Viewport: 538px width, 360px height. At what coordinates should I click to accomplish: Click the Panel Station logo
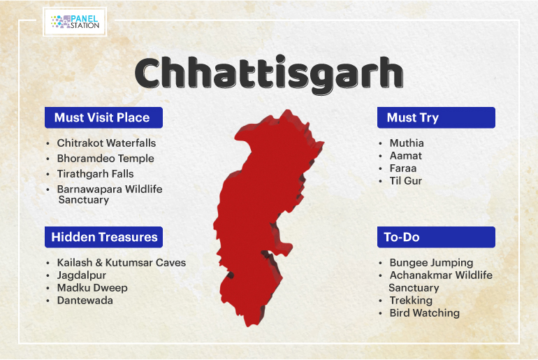[75, 22]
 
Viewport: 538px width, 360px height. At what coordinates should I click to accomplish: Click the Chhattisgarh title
[269, 75]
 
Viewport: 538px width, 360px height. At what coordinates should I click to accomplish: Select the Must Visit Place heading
[102, 117]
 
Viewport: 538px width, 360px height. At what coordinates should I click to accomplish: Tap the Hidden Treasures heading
[104, 237]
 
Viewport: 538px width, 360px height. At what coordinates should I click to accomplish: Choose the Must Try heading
[413, 118]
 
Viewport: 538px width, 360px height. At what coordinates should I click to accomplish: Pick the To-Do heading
[402, 237]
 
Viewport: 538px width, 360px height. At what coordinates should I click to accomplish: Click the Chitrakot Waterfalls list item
[106, 143]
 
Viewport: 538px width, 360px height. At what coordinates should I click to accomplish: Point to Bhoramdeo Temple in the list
[106, 159]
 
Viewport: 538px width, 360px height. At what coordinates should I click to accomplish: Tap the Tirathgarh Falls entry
[96, 174]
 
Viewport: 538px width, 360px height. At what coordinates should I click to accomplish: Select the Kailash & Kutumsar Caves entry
[122, 263]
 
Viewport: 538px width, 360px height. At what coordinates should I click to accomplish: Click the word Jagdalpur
[82, 275]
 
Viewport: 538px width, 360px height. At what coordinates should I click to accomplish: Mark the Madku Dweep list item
[92, 287]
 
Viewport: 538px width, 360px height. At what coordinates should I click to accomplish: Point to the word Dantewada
[85, 301]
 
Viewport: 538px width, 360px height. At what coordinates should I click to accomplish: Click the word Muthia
[407, 143]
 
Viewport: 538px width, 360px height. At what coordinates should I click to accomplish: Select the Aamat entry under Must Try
[405, 155]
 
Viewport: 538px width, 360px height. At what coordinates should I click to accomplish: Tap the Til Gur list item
[405, 181]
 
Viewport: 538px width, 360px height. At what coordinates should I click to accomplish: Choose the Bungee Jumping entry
[431, 263]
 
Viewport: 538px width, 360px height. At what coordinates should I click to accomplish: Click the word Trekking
[411, 301]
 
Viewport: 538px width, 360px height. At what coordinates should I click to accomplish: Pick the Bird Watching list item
[424, 313]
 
